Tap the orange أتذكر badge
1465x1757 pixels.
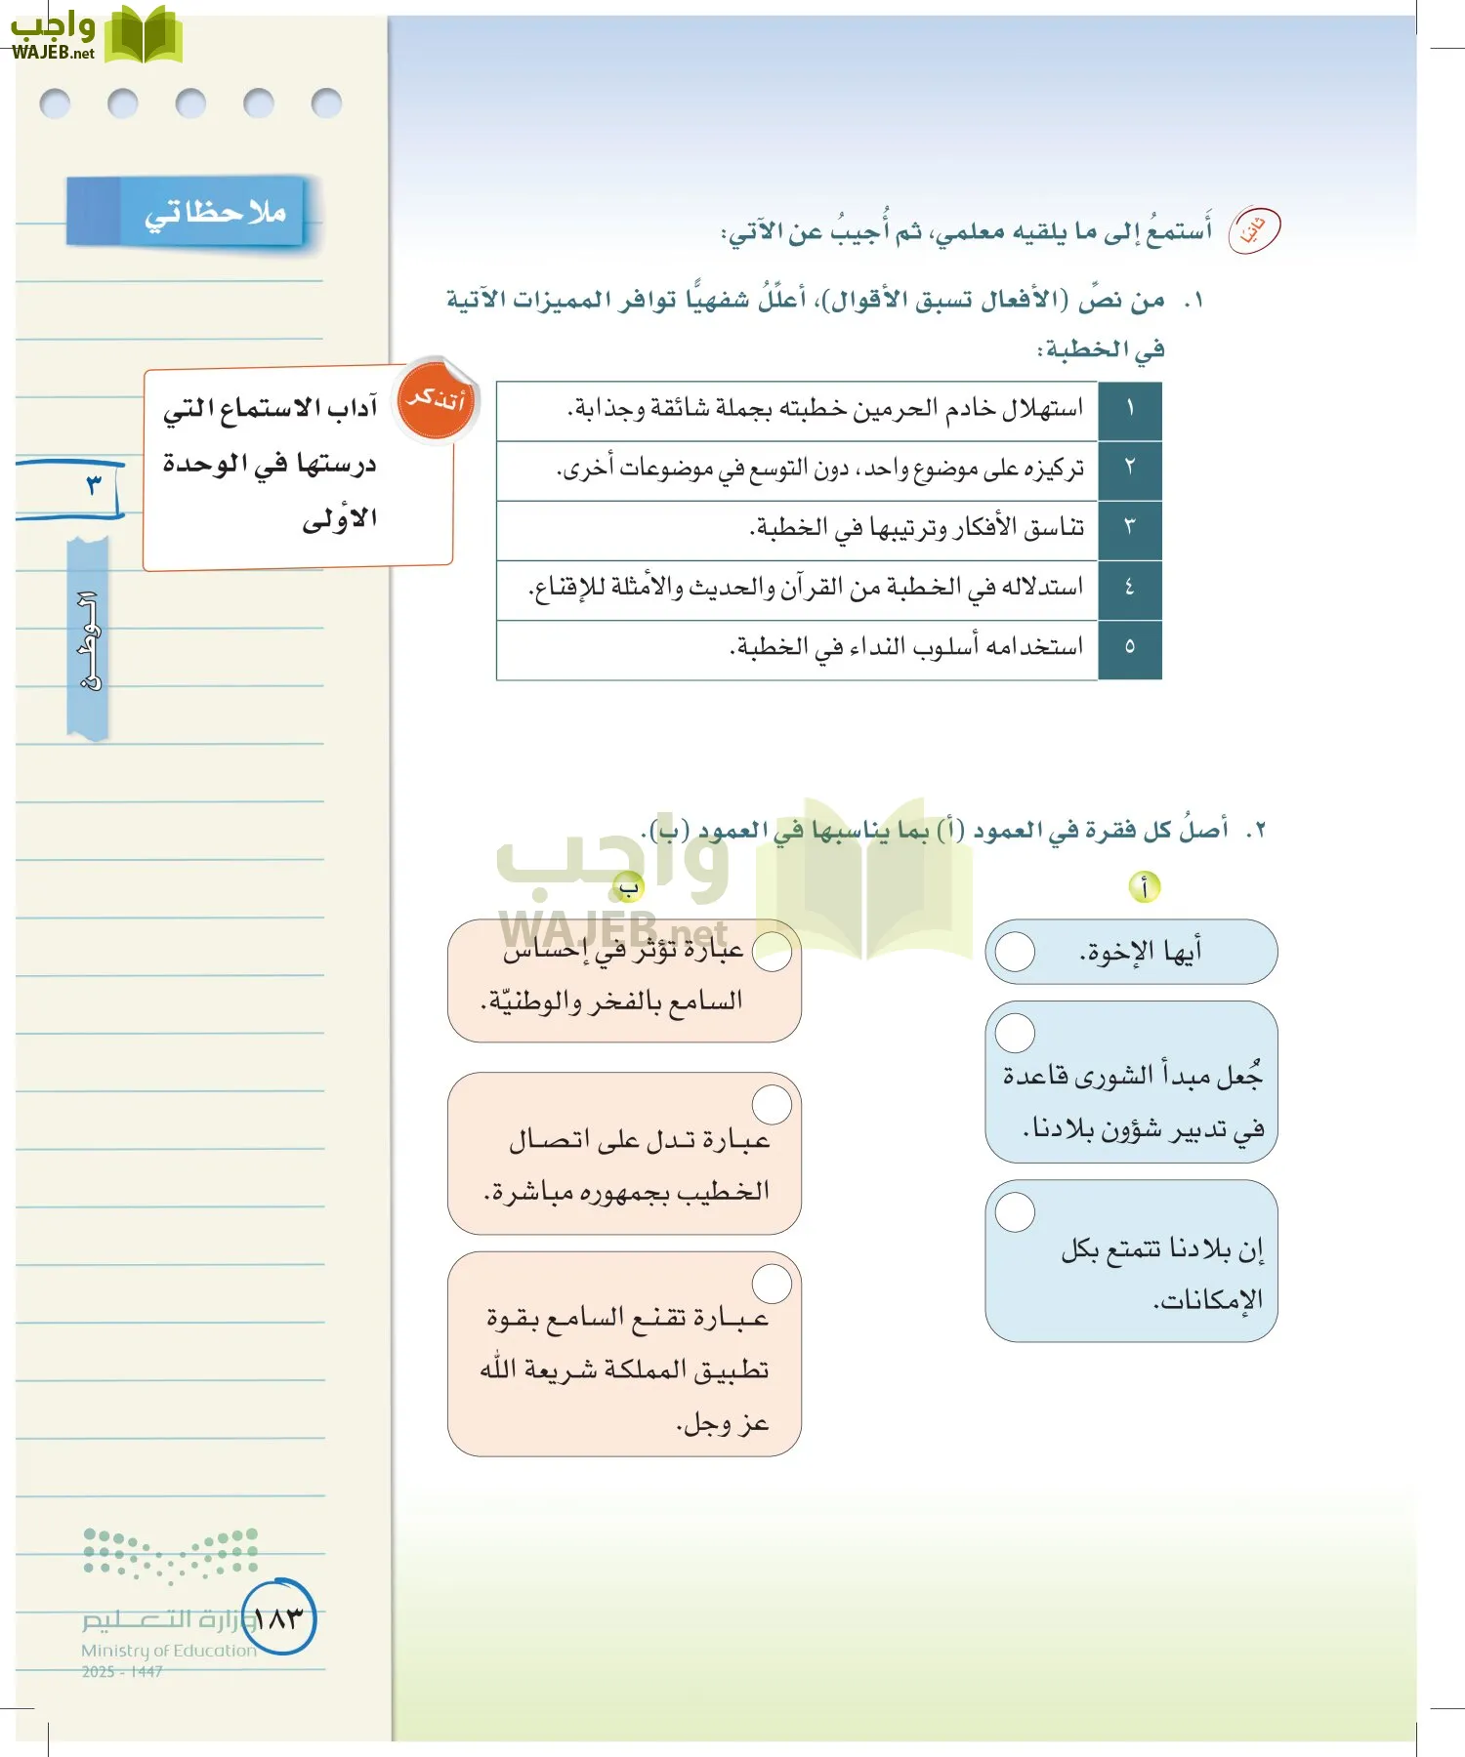437,400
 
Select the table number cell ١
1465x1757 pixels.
1129,410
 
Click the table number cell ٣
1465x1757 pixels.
1129,529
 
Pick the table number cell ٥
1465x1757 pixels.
1129,648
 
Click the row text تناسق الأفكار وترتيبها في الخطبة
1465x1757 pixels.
916,529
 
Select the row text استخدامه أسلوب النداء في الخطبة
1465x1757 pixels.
906,648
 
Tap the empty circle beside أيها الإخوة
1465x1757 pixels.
1015,952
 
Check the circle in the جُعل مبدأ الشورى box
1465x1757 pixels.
1015,1033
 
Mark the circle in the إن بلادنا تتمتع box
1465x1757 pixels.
1015,1212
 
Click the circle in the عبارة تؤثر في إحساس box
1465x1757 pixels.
772,951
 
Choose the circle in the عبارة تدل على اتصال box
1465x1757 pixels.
772,1105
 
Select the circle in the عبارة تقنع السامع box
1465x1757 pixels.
772,1285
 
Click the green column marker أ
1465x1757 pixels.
1144,887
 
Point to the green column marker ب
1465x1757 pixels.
628,887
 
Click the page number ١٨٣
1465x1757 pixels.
278,1618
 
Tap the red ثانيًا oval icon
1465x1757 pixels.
1253,230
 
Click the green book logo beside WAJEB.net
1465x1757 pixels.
143,35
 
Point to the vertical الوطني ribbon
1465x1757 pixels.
88,639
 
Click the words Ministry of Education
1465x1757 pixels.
168,1651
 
